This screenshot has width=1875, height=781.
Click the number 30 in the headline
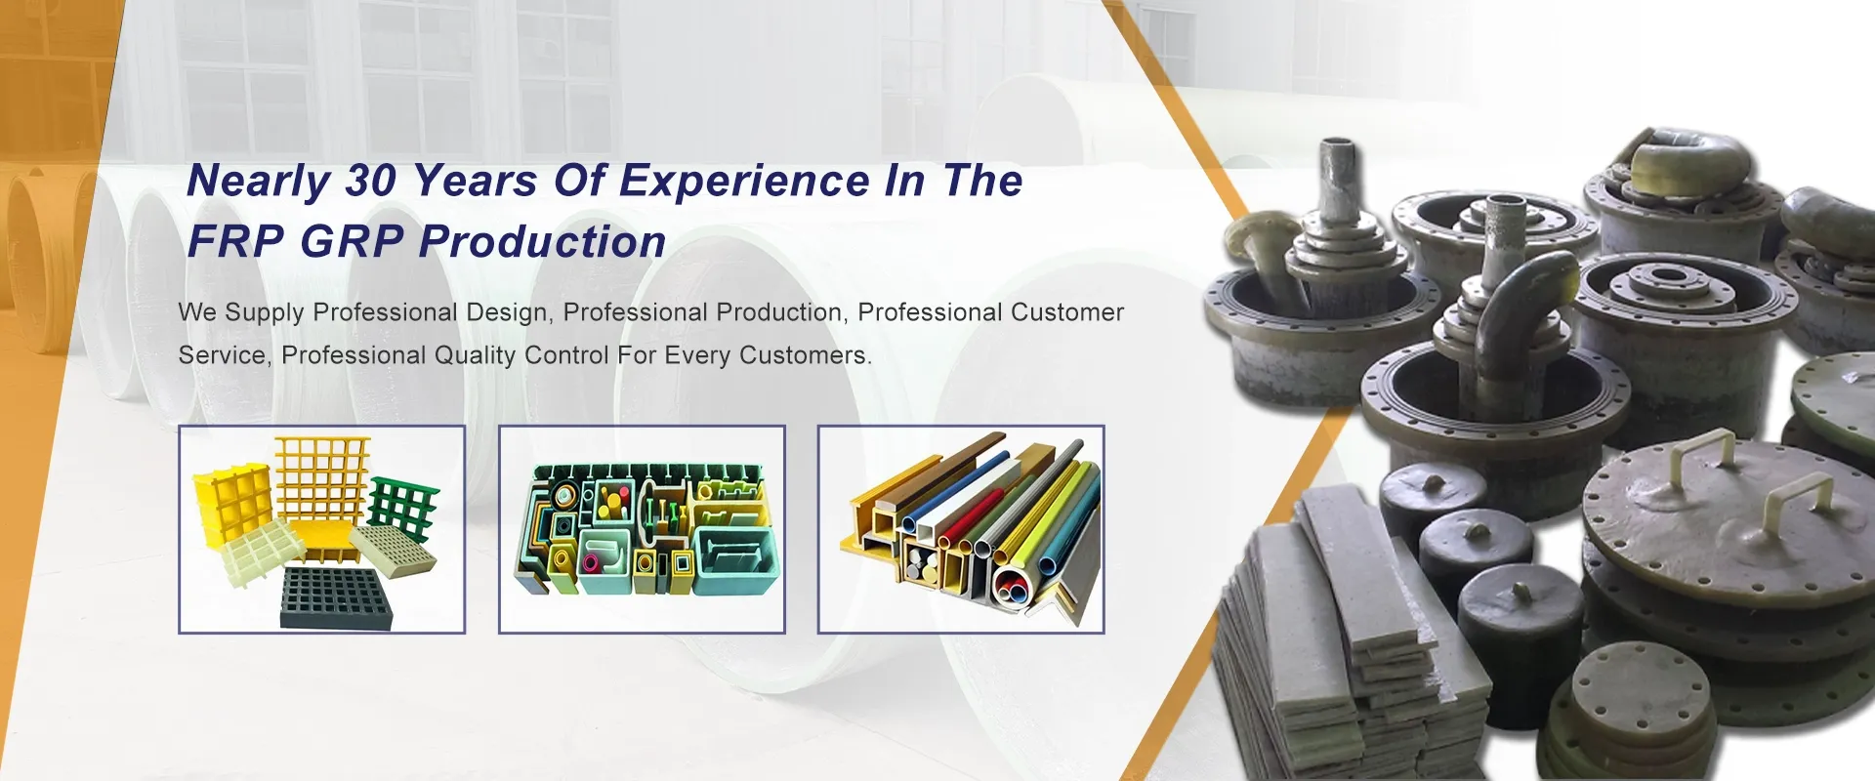[371, 182]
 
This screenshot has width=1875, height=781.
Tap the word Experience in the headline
[744, 182]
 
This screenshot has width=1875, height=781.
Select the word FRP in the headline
[235, 242]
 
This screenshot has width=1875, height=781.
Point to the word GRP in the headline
[352, 242]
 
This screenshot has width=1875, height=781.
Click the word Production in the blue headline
[543, 242]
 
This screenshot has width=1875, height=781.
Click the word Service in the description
[222, 355]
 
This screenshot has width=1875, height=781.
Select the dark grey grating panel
[337, 597]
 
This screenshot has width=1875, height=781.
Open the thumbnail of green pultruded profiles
[642, 529]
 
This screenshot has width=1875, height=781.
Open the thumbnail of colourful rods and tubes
[961, 529]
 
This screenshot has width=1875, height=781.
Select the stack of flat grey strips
[1338, 635]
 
